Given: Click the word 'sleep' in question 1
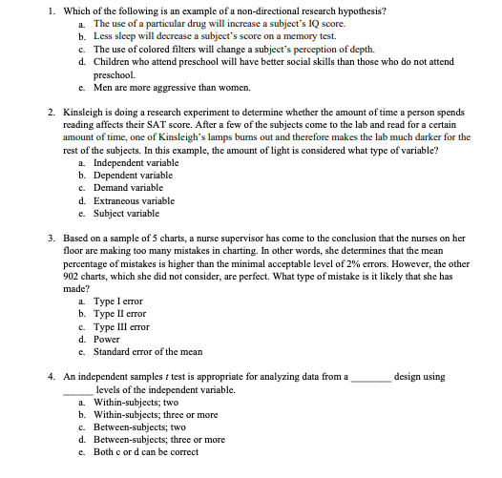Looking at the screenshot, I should (x=123, y=36).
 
